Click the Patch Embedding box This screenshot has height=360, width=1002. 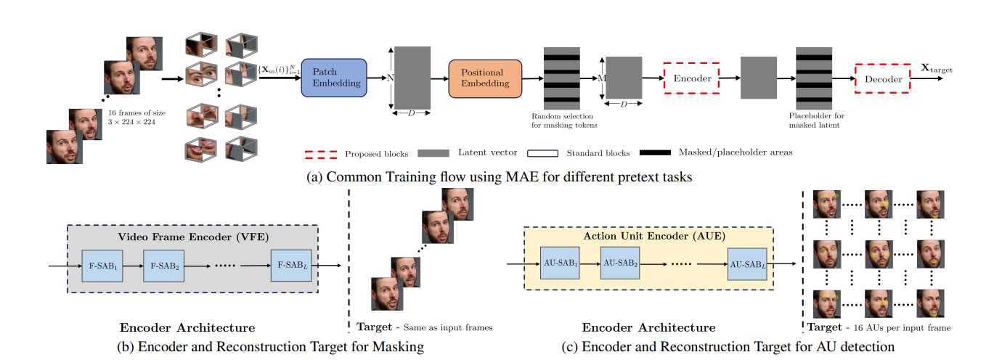[336, 78]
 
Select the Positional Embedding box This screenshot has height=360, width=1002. [484, 78]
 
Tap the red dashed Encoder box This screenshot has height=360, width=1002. [691, 78]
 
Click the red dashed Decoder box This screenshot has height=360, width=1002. [882, 79]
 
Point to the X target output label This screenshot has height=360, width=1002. [937, 69]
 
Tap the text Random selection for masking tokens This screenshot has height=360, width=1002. [562, 121]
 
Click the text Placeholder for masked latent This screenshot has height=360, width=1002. [817, 121]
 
